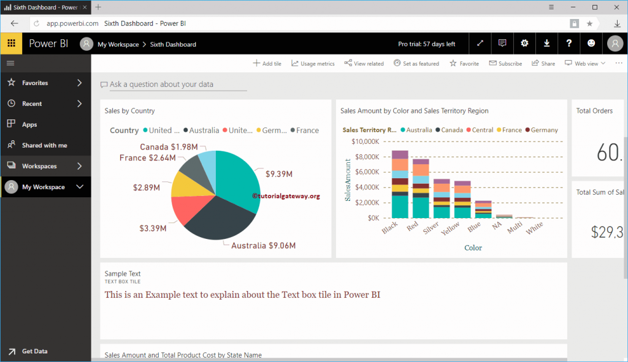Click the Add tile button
coord(267,64)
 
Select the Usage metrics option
coord(313,64)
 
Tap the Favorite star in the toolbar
coord(464,64)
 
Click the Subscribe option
coord(505,64)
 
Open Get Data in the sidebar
coord(34,351)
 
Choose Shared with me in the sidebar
coord(44,145)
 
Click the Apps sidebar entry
coord(29,124)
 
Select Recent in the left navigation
coord(32,104)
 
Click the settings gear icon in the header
coord(524,43)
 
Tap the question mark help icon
coord(569,43)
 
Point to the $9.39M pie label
coord(278,174)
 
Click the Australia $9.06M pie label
coord(263,246)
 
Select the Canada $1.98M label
coord(169,147)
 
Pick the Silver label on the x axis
coord(431,228)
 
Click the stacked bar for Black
coord(400,184)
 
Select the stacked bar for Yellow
coord(462,200)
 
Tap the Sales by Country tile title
coord(129,111)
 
